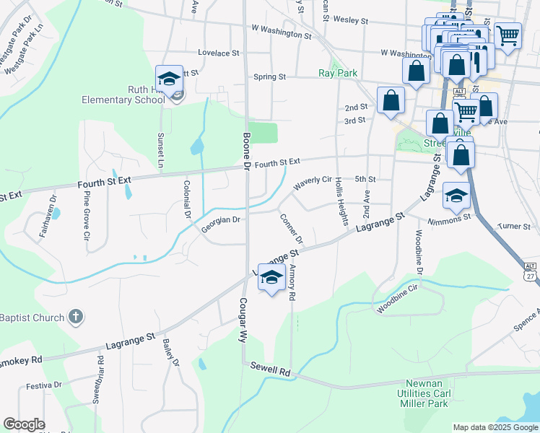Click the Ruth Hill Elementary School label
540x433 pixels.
click(135, 95)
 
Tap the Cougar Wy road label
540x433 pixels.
click(243, 319)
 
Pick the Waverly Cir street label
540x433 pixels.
click(312, 183)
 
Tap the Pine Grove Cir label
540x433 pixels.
click(86, 214)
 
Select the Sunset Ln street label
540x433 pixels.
click(160, 152)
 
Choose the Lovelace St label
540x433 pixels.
click(218, 53)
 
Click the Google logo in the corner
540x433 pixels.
click(24, 424)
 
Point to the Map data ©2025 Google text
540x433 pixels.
click(495, 427)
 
